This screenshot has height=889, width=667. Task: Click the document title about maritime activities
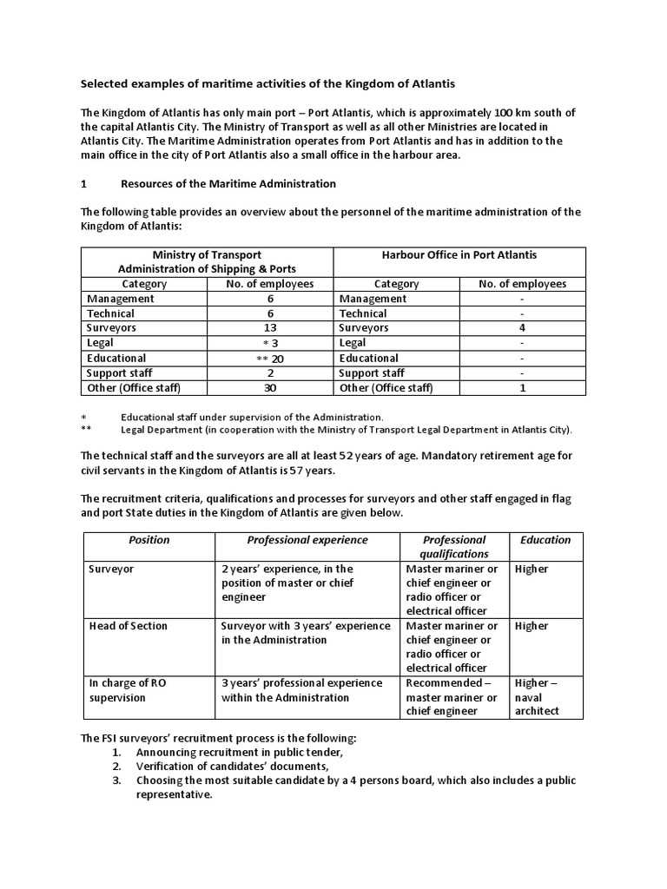click(x=267, y=83)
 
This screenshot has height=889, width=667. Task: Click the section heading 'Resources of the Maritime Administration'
click(x=228, y=184)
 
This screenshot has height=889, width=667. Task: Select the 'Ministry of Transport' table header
click(x=207, y=261)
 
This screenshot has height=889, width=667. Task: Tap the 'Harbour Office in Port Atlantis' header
click(x=459, y=255)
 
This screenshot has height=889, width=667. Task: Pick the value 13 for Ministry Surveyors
click(x=269, y=328)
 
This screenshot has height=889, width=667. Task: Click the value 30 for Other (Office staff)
click(x=269, y=388)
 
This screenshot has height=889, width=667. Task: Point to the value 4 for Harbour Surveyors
click(x=522, y=328)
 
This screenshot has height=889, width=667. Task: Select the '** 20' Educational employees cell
click(x=269, y=359)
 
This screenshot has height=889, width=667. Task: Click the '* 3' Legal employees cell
click(x=269, y=344)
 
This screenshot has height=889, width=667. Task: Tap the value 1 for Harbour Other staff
click(x=522, y=388)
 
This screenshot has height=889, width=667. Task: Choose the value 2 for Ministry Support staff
click(x=269, y=373)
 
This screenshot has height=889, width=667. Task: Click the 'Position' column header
click(x=149, y=540)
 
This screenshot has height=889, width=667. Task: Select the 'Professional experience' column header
click(x=307, y=540)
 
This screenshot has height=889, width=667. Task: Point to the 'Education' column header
click(x=545, y=540)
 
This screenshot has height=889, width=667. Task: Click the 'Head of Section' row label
click(x=129, y=626)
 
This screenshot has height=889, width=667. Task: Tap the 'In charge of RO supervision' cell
click(x=128, y=690)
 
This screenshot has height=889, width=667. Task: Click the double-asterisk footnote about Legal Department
click(x=347, y=430)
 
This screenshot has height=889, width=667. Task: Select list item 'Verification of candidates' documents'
click(x=232, y=767)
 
